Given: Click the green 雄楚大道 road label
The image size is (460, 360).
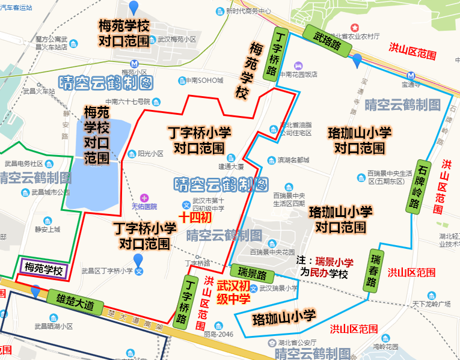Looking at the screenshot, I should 75,301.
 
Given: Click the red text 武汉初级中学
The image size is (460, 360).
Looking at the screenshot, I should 232,291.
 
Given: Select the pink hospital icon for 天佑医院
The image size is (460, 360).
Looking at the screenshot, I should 143,198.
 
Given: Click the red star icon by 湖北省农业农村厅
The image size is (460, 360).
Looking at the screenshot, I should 355,28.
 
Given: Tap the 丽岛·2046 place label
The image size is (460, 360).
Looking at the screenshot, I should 218,334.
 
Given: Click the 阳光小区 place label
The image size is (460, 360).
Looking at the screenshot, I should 150,153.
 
